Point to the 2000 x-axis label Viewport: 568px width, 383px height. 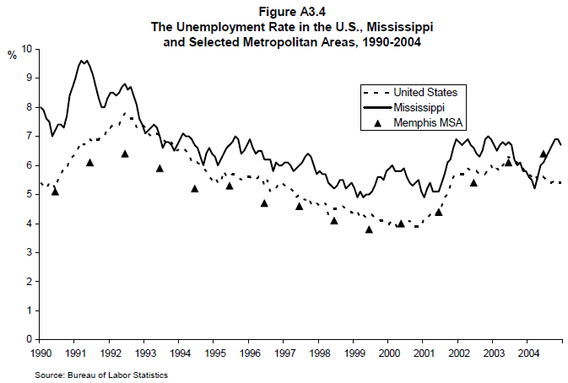pyautogui.click(x=388, y=352)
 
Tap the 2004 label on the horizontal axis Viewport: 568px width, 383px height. pyautogui.click(x=528, y=352)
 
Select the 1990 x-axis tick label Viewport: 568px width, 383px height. pyautogui.click(x=41, y=352)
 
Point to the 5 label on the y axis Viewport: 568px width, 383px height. pyautogui.click(x=29, y=194)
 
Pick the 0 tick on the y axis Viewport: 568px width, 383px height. pyautogui.click(x=29, y=339)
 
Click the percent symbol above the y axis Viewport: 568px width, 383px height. pyautogui.click(x=12, y=56)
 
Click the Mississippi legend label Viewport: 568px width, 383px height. pyautogui.click(x=420, y=108)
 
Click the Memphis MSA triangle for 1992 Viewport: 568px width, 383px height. pyautogui.click(x=125, y=154)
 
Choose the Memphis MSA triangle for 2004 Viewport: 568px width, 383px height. pyautogui.click(x=544, y=154)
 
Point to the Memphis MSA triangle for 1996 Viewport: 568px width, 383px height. pyautogui.click(x=264, y=202)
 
